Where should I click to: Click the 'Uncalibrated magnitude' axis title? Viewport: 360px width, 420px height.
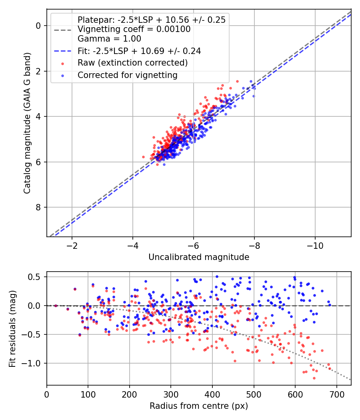[x=199, y=257]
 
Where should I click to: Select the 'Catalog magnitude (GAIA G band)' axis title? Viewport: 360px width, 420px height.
[x=27, y=123]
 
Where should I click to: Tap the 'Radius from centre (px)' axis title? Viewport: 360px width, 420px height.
[x=199, y=406]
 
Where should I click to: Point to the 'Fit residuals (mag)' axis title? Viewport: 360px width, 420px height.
[x=12, y=329]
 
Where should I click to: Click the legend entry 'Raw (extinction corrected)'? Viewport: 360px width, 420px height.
[x=132, y=63]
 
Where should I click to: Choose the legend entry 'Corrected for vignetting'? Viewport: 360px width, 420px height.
[x=128, y=75]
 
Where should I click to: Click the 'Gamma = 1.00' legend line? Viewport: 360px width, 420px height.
[x=109, y=39]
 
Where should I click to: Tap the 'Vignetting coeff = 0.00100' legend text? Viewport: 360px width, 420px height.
[x=134, y=29]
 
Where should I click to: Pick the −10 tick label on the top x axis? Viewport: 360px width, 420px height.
[x=315, y=246]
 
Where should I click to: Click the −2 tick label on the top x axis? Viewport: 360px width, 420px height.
[x=72, y=246]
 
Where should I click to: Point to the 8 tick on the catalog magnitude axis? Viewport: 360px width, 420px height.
[x=38, y=207]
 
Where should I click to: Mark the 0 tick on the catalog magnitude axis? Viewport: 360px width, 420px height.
[x=38, y=26]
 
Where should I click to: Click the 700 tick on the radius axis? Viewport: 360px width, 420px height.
[x=336, y=394]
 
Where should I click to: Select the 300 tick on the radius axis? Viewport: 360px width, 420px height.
[x=171, y=394]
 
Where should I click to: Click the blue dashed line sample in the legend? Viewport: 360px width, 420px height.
[x=63, y=51]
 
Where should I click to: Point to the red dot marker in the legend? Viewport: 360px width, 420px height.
[x=63, y=64]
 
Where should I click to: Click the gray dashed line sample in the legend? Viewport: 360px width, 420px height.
[x=63, y=30]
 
